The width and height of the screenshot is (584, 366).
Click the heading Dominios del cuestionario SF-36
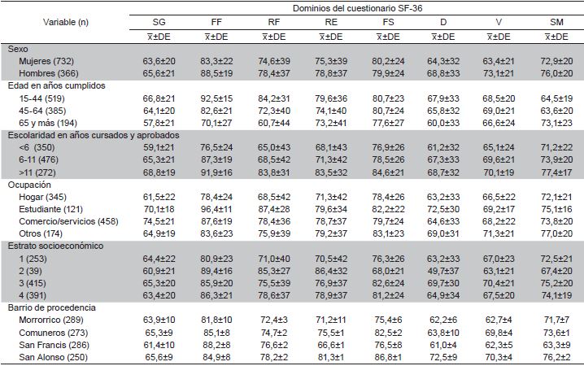355,7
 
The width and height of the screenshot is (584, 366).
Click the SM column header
556,22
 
